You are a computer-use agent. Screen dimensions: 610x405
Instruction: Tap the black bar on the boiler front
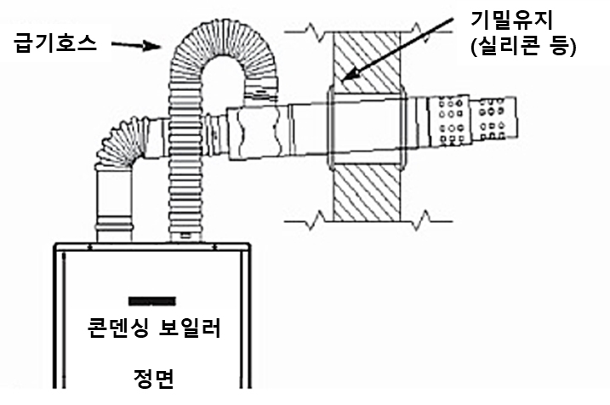tap(151, 300)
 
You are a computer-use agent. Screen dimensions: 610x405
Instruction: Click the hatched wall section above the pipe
tap(366, 60)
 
